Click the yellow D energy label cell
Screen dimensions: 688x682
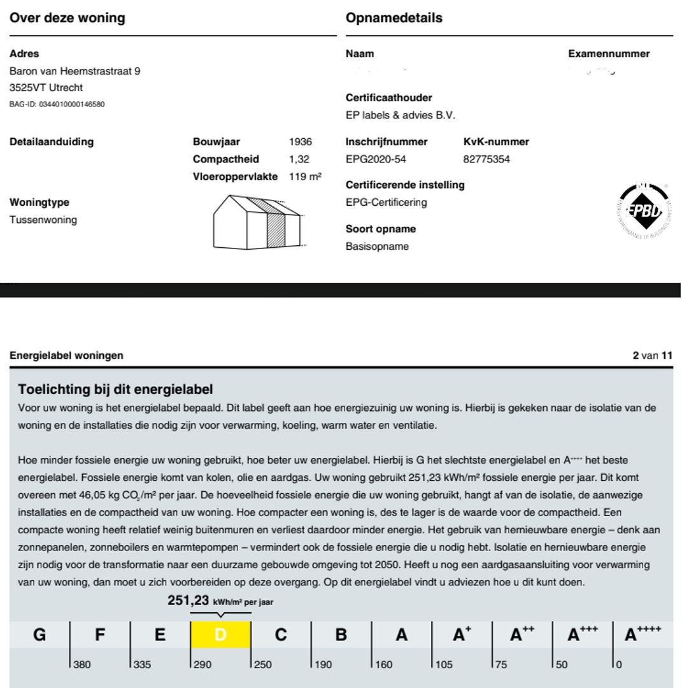pos(220,634)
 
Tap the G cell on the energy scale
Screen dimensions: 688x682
pos(39,634)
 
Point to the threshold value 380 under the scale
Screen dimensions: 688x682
pos(82,664)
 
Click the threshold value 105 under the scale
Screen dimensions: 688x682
pos(444,664)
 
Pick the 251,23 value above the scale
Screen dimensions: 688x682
pos(188,600)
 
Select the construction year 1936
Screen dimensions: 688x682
pos(301,142)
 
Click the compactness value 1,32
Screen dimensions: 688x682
pos(299,159)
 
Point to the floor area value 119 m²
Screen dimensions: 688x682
pos(305,176)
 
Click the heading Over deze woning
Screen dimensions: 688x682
pos(67,18)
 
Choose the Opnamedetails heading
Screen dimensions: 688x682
pos(394,18)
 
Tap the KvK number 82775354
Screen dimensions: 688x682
pos(487,159)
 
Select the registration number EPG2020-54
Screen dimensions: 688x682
pos(376,159)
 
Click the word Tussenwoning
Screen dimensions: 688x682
pos(43,220)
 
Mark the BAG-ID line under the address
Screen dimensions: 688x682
pos(57,104)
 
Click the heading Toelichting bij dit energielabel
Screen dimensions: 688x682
pos(115,389)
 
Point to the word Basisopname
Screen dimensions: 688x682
pos(377,246)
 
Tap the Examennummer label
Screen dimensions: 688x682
pos(609,54)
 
